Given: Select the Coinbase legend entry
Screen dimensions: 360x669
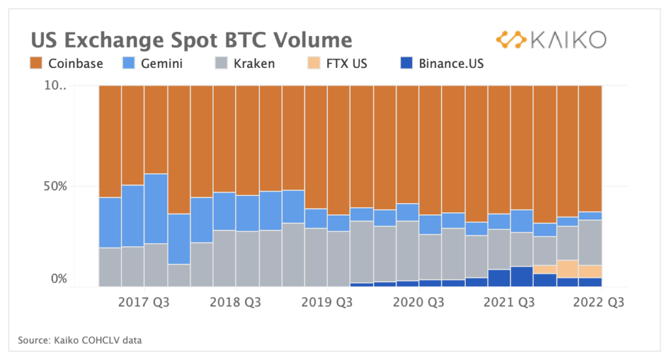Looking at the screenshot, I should pos(65,63).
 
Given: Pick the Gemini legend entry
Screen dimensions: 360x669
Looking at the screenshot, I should pos(153,63).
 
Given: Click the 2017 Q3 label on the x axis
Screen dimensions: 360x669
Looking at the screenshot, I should pos(144,303).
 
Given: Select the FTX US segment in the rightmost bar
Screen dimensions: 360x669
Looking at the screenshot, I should pos(590,271).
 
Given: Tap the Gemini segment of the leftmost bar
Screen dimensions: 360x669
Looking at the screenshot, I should pos(110,222).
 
